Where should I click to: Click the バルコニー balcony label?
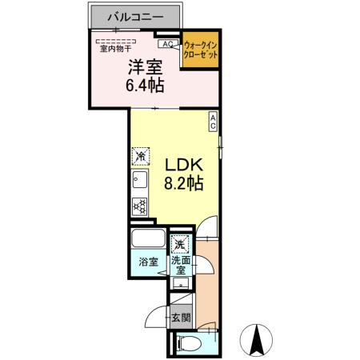(x=132, y=16)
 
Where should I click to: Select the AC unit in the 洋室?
(x=170, y=45)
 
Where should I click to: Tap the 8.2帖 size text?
(x=185, y=182)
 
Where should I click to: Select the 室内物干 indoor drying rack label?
(x=115, y=49)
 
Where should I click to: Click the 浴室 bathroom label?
(x=147, y=262)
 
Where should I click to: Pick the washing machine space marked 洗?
(x=181, y=242)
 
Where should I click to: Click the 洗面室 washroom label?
(x=181, y=266)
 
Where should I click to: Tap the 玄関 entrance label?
(x=180, y=318)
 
